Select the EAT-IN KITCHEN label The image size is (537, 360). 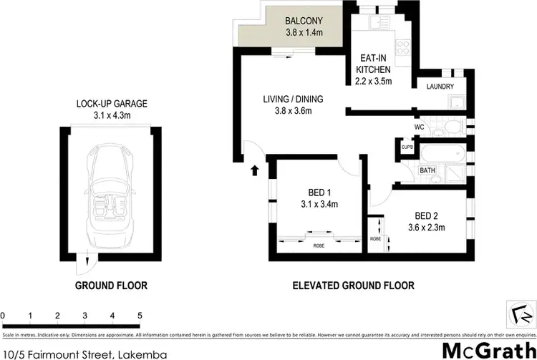(373, 65)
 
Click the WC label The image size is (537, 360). (420, 127)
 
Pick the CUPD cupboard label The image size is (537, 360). (407, 148)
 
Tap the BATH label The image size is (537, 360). (427, 170)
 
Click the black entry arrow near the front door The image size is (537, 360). (254, 170)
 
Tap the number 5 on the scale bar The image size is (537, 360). (140, 315)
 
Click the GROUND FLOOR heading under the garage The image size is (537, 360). (112, 286)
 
